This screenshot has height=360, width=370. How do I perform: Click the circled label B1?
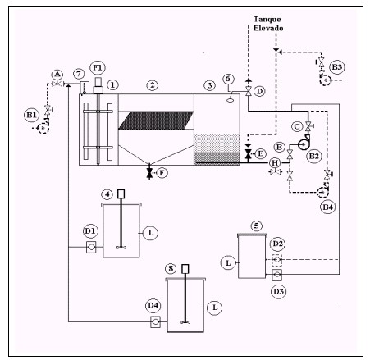31,115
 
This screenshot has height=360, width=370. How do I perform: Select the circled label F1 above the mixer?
98,68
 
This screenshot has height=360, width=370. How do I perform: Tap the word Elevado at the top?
268,28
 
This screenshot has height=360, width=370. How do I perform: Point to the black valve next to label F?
149,173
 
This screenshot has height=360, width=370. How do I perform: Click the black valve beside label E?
248,154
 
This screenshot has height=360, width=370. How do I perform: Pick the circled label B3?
336,67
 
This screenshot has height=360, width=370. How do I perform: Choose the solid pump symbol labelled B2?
304,144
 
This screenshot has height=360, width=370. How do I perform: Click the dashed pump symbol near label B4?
322,192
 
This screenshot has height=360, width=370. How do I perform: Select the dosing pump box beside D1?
91,247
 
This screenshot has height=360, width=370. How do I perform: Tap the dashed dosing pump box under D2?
276,259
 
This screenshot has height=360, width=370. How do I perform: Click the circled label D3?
278,291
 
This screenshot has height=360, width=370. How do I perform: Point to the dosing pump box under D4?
155,321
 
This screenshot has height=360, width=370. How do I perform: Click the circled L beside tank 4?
150,233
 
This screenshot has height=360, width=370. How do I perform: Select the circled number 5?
257,226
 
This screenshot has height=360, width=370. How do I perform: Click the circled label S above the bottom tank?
171,268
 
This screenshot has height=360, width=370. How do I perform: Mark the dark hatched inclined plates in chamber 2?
156,120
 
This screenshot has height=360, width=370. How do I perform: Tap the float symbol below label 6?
231,100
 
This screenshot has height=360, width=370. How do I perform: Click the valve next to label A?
57,84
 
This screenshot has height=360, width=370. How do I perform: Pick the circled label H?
275,163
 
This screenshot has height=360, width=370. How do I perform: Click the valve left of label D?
249,91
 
